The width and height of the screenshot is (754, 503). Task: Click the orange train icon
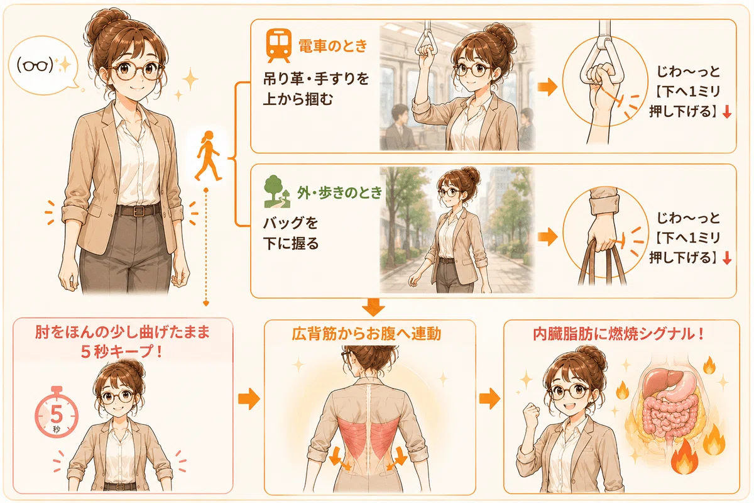pos(278,45)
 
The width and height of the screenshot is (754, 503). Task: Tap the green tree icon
pos(276,191)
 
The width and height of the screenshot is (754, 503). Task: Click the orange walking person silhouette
pos(209,156)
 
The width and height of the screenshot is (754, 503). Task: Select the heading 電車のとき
pos(332,46)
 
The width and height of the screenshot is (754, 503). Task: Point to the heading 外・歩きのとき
pos(340,192)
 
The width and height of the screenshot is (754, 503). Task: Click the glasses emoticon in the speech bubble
pos(35,65)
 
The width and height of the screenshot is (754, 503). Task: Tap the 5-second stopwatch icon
pos(57,412)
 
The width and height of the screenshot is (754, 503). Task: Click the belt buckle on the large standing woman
pos(138,211)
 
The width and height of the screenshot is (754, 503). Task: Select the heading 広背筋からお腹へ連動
pos(366,334)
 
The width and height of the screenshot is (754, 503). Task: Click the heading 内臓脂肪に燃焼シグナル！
pos(619,334)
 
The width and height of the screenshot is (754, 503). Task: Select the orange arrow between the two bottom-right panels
pos(489,399)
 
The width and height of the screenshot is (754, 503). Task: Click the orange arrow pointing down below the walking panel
pos(373,307)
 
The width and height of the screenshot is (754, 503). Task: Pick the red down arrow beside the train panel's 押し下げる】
pos(727,112)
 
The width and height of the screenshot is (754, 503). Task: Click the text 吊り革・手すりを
pos(316,79)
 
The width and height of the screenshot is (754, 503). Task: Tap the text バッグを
pos(290,223)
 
